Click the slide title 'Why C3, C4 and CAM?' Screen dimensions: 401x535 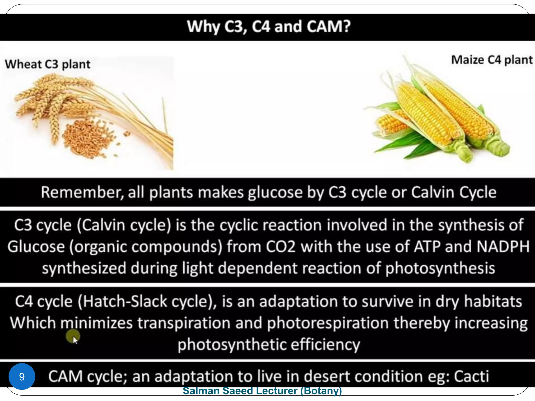tap(269, 27)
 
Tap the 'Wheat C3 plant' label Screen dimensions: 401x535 tap(48, 64)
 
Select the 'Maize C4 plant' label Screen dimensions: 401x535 tap(492, 60)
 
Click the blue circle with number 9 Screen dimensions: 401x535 tap(22, 376)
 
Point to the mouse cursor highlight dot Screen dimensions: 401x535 tap(73, 336)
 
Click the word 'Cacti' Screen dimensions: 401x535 tap(471, 376)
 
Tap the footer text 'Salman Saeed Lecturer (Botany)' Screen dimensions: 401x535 tap(262, 391)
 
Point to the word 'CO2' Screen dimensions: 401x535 tap(281, 246)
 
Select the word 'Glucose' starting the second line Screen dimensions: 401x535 tap(36, 246)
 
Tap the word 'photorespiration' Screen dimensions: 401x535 tap(328, 323)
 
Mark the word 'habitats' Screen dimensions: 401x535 tap(493, 302)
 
